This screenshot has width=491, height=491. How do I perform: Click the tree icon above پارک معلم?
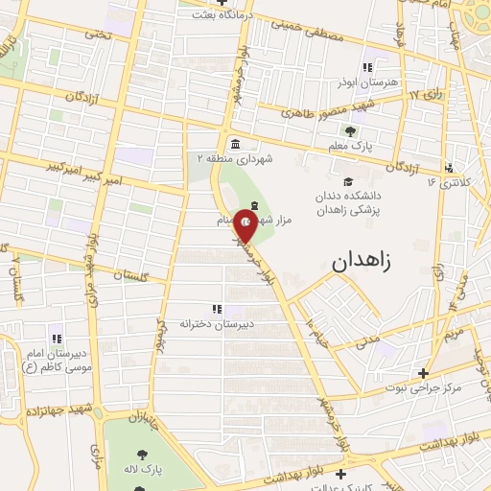pyautogui.click(x=350, y=131)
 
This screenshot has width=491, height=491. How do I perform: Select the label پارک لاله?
pyautogui.click(x=152, y=471)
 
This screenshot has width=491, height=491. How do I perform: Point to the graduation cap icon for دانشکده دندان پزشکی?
pyautogui.click(x=347, y=180)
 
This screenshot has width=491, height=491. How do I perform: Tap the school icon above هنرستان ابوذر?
pyautogui.click(x=365, y=66)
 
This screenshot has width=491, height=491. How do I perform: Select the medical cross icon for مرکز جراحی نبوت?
pyautogui.click(x=423, y=373)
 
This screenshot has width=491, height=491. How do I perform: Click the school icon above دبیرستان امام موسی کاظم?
pyautogui.click(x=56, y=338)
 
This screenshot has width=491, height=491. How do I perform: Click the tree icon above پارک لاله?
pyautogui.click(x=143, y=454)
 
